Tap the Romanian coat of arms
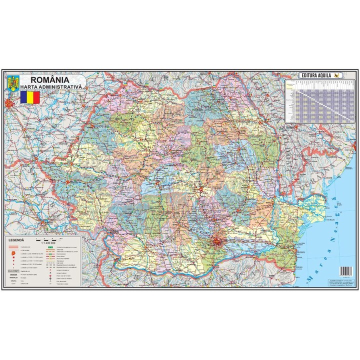[12, 82]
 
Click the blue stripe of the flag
[23, 96]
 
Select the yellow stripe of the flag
[30, 96]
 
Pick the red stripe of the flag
[36, 96]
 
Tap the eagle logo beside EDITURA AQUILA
[338, 75]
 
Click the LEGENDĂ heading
[18, 240]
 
